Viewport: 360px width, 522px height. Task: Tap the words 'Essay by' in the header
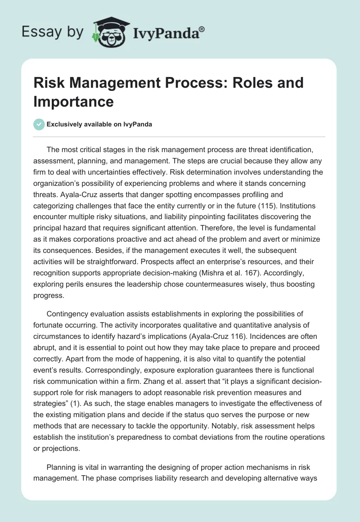(52, 31)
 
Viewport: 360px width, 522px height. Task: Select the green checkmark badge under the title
(39, 124)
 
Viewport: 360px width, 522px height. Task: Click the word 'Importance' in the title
(73, 101)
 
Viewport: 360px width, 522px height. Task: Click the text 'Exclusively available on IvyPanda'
(99, 125)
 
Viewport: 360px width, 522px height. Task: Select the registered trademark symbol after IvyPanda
(202, 29)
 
